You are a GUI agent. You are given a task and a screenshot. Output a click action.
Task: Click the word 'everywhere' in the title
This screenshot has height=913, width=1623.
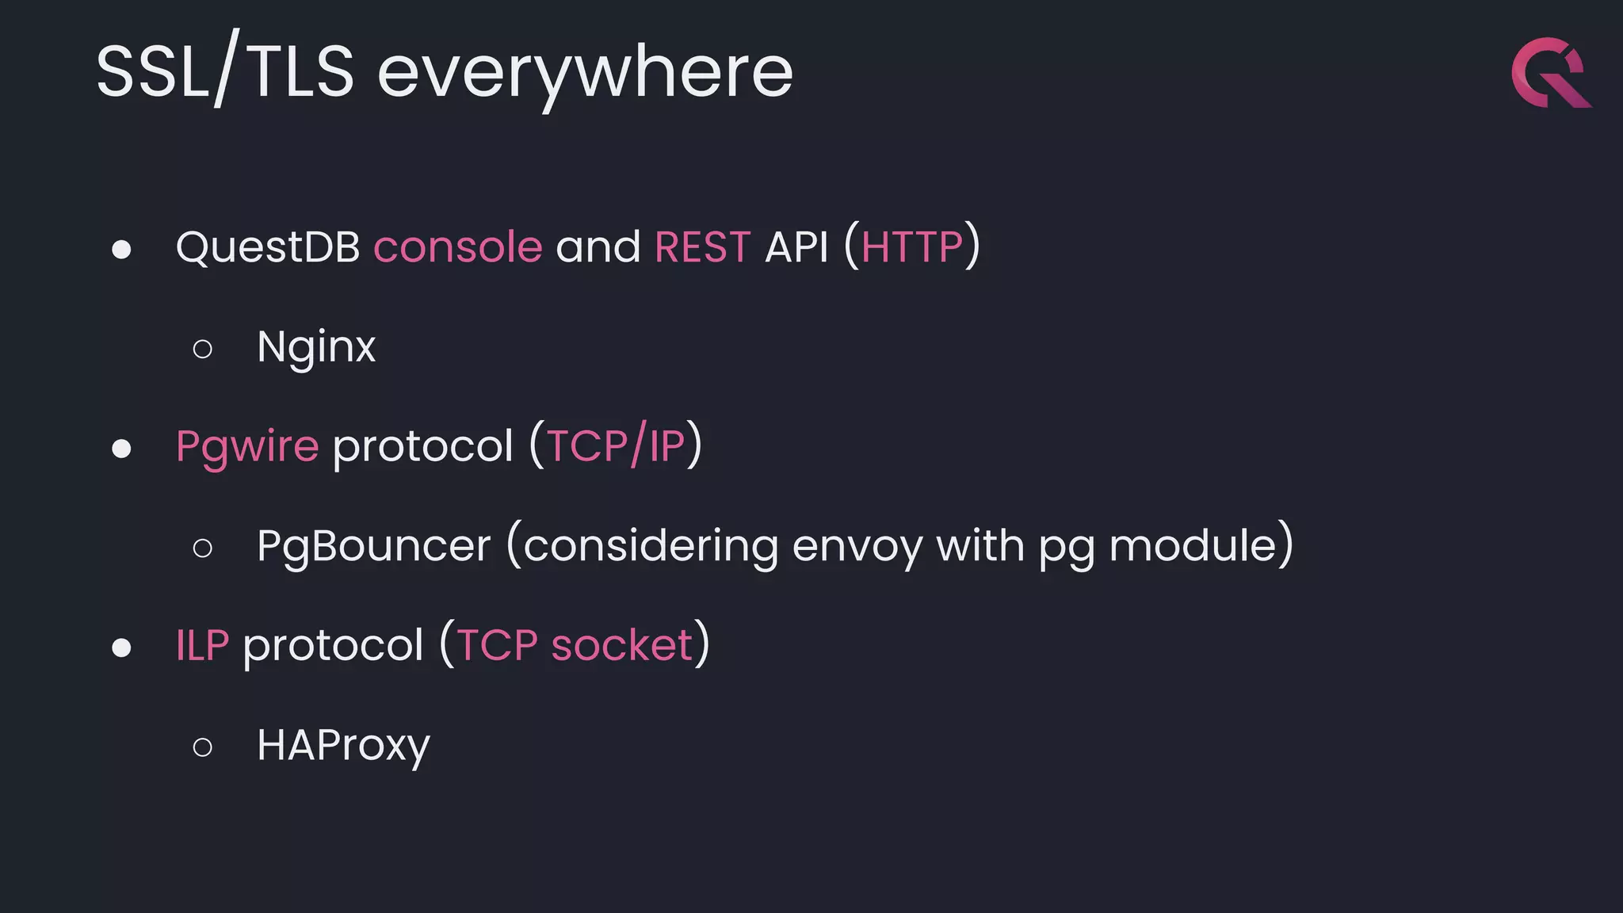coord(585,73)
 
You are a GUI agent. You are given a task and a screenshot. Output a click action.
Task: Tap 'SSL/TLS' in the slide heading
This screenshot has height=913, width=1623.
coord(225,73)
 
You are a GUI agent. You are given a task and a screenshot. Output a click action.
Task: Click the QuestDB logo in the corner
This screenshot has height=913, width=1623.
coord(1550,73)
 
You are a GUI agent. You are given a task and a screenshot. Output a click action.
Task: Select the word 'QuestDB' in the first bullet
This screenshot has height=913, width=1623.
coord(268,247)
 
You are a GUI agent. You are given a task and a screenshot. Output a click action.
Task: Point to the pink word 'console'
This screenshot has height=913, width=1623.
coord(458,247)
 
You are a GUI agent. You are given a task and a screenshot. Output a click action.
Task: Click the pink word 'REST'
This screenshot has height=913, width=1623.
coord(702,247)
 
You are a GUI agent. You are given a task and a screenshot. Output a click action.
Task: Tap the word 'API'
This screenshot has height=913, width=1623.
coord(796,247)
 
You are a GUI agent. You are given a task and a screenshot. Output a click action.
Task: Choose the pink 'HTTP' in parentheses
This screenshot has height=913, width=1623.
coord(911,247)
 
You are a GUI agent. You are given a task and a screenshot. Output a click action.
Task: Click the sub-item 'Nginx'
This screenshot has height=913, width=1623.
coord(316,347)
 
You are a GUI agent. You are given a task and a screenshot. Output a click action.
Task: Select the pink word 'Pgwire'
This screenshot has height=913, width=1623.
coord(247,447)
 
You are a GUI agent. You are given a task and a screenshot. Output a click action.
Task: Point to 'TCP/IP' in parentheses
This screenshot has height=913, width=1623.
coord(616,447)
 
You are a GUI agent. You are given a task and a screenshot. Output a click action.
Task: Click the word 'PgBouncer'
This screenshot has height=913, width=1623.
coord(373,547)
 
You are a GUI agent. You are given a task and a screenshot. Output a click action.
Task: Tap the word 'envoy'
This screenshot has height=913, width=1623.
coord(857,547)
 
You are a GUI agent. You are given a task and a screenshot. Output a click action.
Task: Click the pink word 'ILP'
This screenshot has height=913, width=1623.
coord(202,646)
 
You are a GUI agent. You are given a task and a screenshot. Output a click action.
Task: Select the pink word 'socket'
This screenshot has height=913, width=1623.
coord(621,646)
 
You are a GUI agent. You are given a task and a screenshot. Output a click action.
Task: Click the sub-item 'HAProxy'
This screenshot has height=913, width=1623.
coord(343,746)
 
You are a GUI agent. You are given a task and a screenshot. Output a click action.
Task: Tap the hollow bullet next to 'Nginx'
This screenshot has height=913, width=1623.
coord(203,349)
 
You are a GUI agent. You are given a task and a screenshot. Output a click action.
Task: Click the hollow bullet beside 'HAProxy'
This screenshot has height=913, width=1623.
coord(203,747)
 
